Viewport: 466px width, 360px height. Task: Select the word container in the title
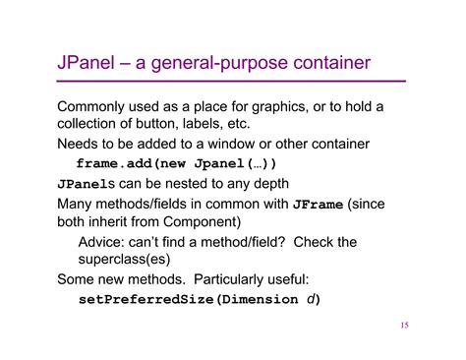[x=324, y=64]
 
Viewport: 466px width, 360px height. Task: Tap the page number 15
[x=404, y=326]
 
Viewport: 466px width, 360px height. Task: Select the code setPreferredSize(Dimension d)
[x=200, y=299]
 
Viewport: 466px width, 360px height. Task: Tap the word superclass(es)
[x=123, y=261]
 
